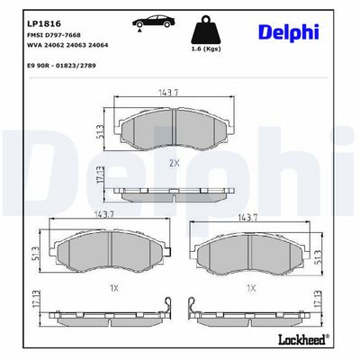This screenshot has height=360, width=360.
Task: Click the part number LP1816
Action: (44, 23)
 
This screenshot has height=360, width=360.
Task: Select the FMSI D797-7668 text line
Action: (54, 35)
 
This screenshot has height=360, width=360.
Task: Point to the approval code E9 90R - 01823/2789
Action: (61, 66)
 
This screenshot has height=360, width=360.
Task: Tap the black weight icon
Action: (206, 30)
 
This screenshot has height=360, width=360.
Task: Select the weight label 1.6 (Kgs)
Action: (206, 49)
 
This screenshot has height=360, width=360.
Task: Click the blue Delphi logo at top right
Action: (289, 31)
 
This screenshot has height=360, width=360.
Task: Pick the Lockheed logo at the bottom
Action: (304, 339)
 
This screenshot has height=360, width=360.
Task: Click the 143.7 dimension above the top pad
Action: (168, 93)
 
